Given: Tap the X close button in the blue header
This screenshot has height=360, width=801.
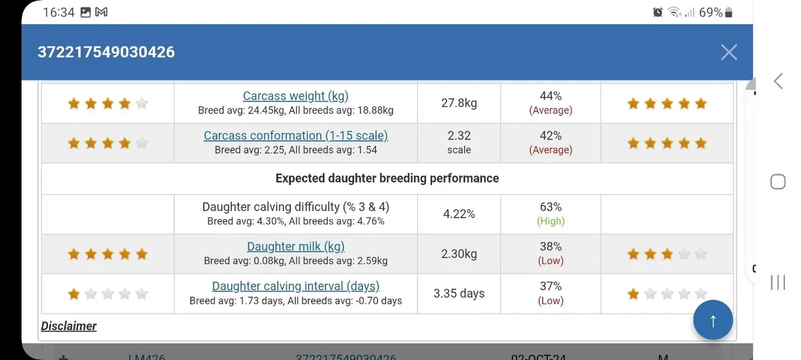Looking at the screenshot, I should point(729,52).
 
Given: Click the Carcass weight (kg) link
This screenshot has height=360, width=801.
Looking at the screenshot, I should point(296,96).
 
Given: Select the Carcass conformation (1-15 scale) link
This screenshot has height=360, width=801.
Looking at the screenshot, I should point(296,136).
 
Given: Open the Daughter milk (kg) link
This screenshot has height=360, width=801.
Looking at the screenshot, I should point(296,246).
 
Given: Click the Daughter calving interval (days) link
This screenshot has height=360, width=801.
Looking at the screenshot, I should point(296,286).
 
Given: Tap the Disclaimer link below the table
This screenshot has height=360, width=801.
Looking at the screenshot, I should point(69,326).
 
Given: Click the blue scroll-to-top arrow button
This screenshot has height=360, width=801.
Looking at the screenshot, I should point(713,321).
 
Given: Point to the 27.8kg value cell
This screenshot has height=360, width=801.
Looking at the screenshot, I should point(459,103).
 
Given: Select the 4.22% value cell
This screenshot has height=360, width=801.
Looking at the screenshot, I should point(459,214).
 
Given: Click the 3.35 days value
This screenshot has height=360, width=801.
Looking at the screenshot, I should point(459,293).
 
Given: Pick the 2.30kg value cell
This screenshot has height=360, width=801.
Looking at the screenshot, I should point(459,254).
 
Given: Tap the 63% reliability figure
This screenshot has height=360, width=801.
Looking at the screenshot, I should point(551,207).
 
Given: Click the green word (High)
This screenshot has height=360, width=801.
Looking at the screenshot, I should point(551,221).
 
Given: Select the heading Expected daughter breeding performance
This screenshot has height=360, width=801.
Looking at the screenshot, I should point(387,178).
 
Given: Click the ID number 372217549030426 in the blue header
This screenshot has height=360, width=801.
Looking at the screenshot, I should point(106,52).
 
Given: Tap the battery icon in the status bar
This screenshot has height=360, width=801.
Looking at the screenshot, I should point(728,12).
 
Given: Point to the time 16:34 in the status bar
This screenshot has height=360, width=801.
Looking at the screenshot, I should point(58,12).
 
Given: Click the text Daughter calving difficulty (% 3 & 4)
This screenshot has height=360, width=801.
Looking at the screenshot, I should point(296,207).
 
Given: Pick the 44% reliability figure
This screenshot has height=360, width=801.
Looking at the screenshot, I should point(551,96).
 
